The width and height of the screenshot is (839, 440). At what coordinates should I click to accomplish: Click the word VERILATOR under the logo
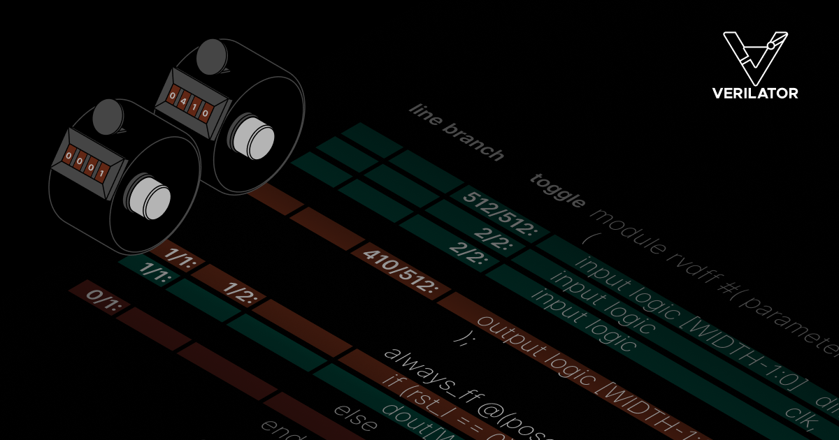(x=754, y=93)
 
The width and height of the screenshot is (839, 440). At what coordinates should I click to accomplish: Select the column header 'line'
(x=426, y=116)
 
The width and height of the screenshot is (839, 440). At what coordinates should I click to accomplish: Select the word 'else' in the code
(x=357, y=416)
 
